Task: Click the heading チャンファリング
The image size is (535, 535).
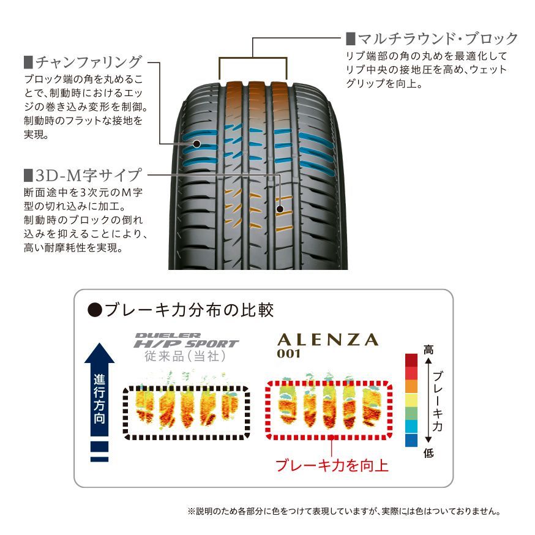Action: point(88,62)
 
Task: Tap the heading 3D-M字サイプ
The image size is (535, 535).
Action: point(88,176)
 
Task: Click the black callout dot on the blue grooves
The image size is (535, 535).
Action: point(196,144)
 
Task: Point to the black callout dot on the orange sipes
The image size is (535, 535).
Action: point(280,209)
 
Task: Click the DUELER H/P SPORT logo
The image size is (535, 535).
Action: point(186,340)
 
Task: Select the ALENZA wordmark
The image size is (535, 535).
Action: point(328,340)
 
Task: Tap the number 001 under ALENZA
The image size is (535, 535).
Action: point(289,353)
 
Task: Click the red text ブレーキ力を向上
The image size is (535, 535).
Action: point(332,465)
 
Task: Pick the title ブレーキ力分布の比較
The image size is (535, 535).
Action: point(189,310)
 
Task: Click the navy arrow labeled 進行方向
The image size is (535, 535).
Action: point(99,389)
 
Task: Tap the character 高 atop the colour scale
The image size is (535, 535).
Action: point(428,350)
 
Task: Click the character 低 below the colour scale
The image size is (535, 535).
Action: point(428,453)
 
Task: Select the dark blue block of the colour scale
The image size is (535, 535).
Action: point(411,440)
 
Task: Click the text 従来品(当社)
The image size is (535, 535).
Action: point(185,356)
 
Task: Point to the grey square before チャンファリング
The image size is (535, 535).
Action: point(28,62)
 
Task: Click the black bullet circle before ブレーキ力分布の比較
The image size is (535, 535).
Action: point(95,310)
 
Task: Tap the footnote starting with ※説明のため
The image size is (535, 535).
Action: point(344,511)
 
